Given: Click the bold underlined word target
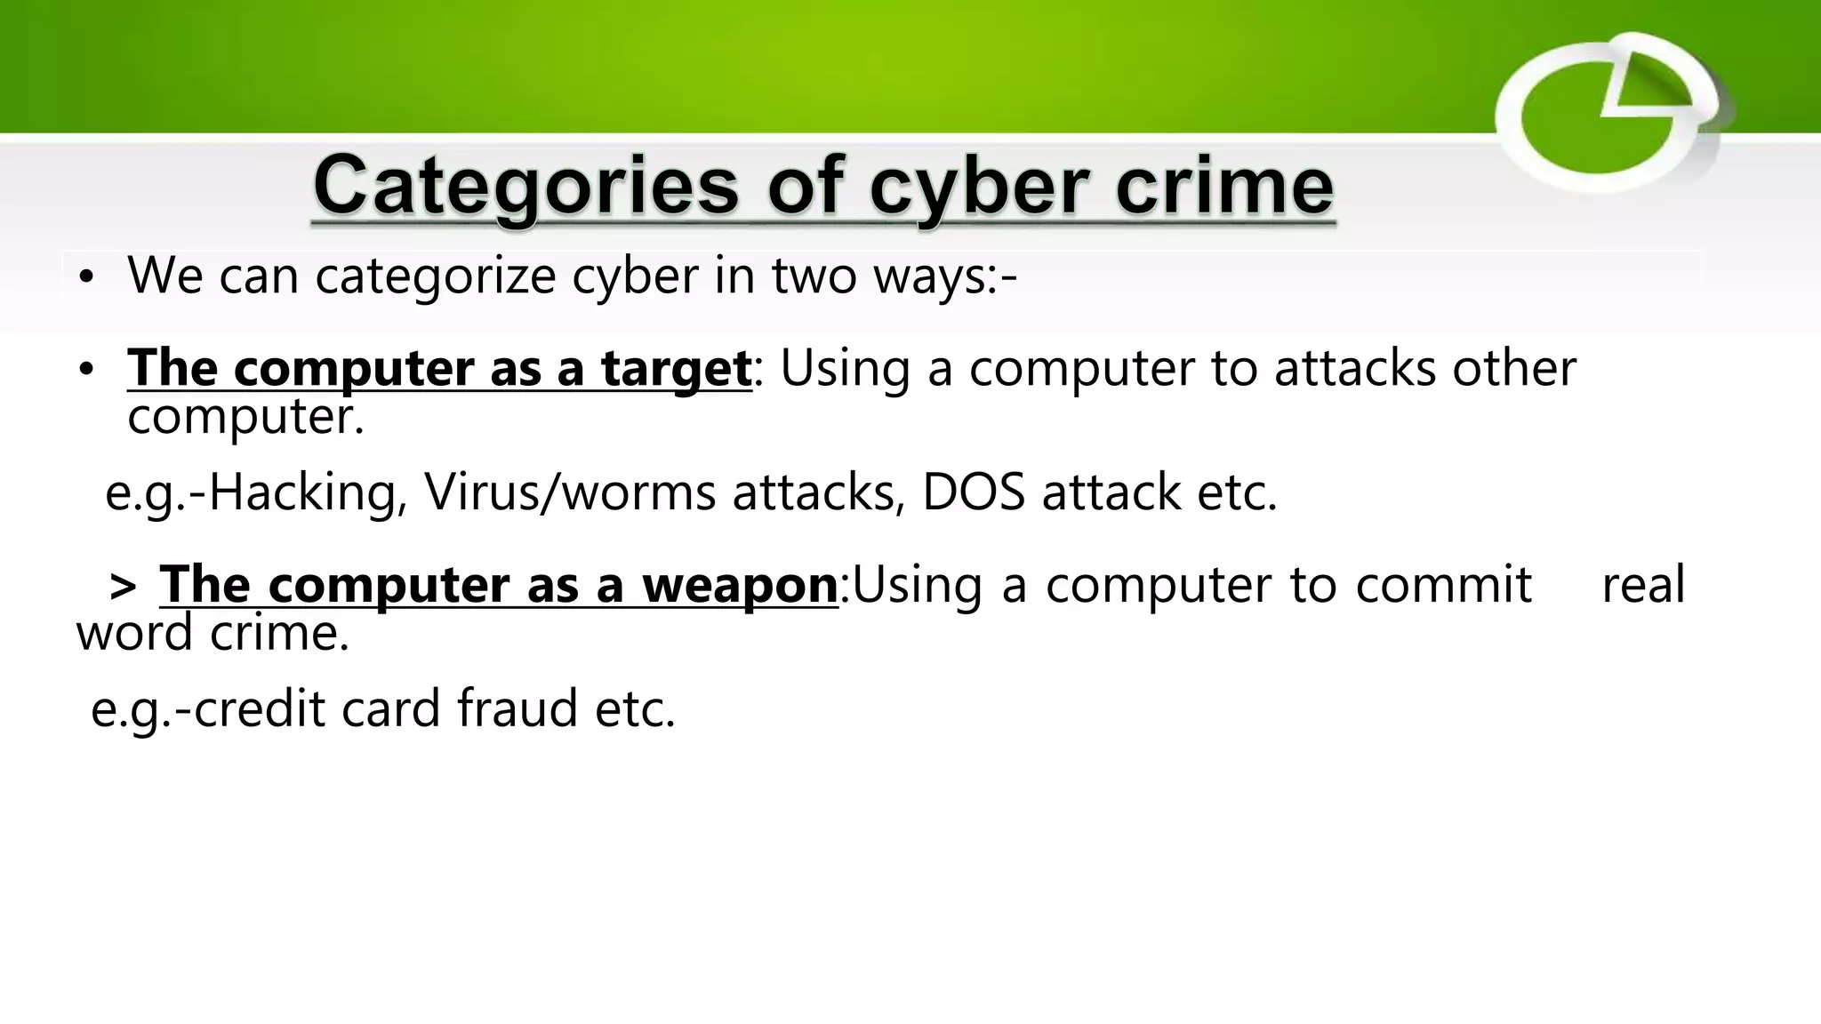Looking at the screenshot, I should click(x=676, y=368).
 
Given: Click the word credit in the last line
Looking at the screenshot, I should click(x=259, y=708).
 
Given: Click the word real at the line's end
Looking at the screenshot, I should click(x=1643, y=585).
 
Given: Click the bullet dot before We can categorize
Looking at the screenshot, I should click(x=85, y=277).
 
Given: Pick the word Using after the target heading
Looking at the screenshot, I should click(x=845, y=368).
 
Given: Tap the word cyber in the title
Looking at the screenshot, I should click(x=979, y=187).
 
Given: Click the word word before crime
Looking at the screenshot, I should click(x=134, y=633).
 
